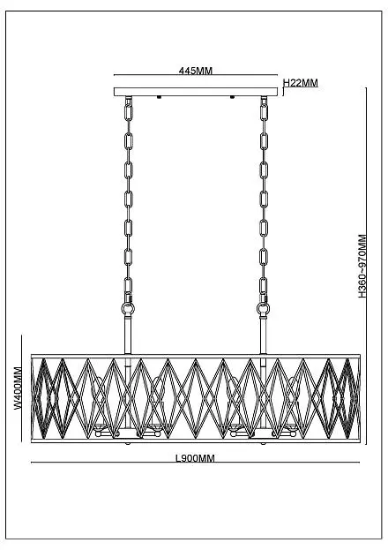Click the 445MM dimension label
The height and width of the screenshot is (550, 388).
coord(196,71)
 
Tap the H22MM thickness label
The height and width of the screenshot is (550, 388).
coord(301,83)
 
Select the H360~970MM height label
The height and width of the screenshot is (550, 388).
coord(362,267)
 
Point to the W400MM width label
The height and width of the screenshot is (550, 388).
coord(18,388)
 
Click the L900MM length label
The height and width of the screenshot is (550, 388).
coord(195,458)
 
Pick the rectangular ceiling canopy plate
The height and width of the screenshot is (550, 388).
coord(196,92)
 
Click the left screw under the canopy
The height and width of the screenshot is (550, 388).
coord(159,97)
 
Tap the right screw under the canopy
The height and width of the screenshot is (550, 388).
coord(232,97)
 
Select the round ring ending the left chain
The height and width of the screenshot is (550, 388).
coord(128,309)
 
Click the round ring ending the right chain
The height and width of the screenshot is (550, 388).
coord(264,309)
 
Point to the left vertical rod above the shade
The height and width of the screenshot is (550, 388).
coord(128,335)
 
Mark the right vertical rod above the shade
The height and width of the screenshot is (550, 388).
coord(264,335)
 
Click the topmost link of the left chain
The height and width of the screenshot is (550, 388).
coord(129,112)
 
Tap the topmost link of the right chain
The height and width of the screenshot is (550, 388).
coord(264,112)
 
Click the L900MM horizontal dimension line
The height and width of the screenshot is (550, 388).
coord(195,463)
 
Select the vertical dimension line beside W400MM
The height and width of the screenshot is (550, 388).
coord(22,388)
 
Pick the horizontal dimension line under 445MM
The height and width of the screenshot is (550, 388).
coord(196,75)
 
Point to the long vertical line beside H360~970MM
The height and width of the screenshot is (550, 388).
coord(366,266)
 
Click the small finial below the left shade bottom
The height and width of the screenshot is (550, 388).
coord(128,444)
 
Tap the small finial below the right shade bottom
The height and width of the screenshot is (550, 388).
coord(263,444)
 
